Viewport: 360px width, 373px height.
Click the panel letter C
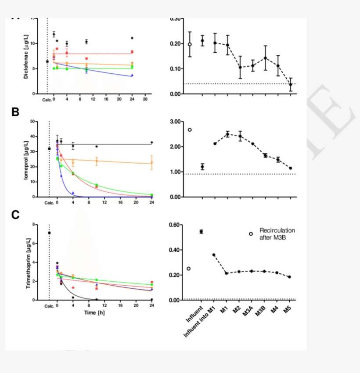tap(15, 215)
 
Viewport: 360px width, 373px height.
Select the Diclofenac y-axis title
tap(27, 57)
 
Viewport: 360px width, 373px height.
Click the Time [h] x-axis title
tap(95, 312)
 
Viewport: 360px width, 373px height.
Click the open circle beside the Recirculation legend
tap(251, 234)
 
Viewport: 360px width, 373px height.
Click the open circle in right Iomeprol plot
tap(190, 130)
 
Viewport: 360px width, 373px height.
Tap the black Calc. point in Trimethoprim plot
tap(49, 233)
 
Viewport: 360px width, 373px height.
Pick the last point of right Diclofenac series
tap(291, 85)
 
